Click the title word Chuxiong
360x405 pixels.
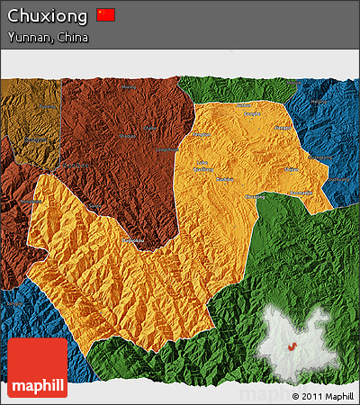click(49, 15)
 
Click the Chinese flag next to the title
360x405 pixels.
click(106, 14)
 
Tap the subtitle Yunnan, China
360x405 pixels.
click(47, 38)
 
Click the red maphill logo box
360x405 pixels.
click(37, 368)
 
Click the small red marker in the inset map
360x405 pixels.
click(292, 347)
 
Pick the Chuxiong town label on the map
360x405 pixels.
click(256, 196)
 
